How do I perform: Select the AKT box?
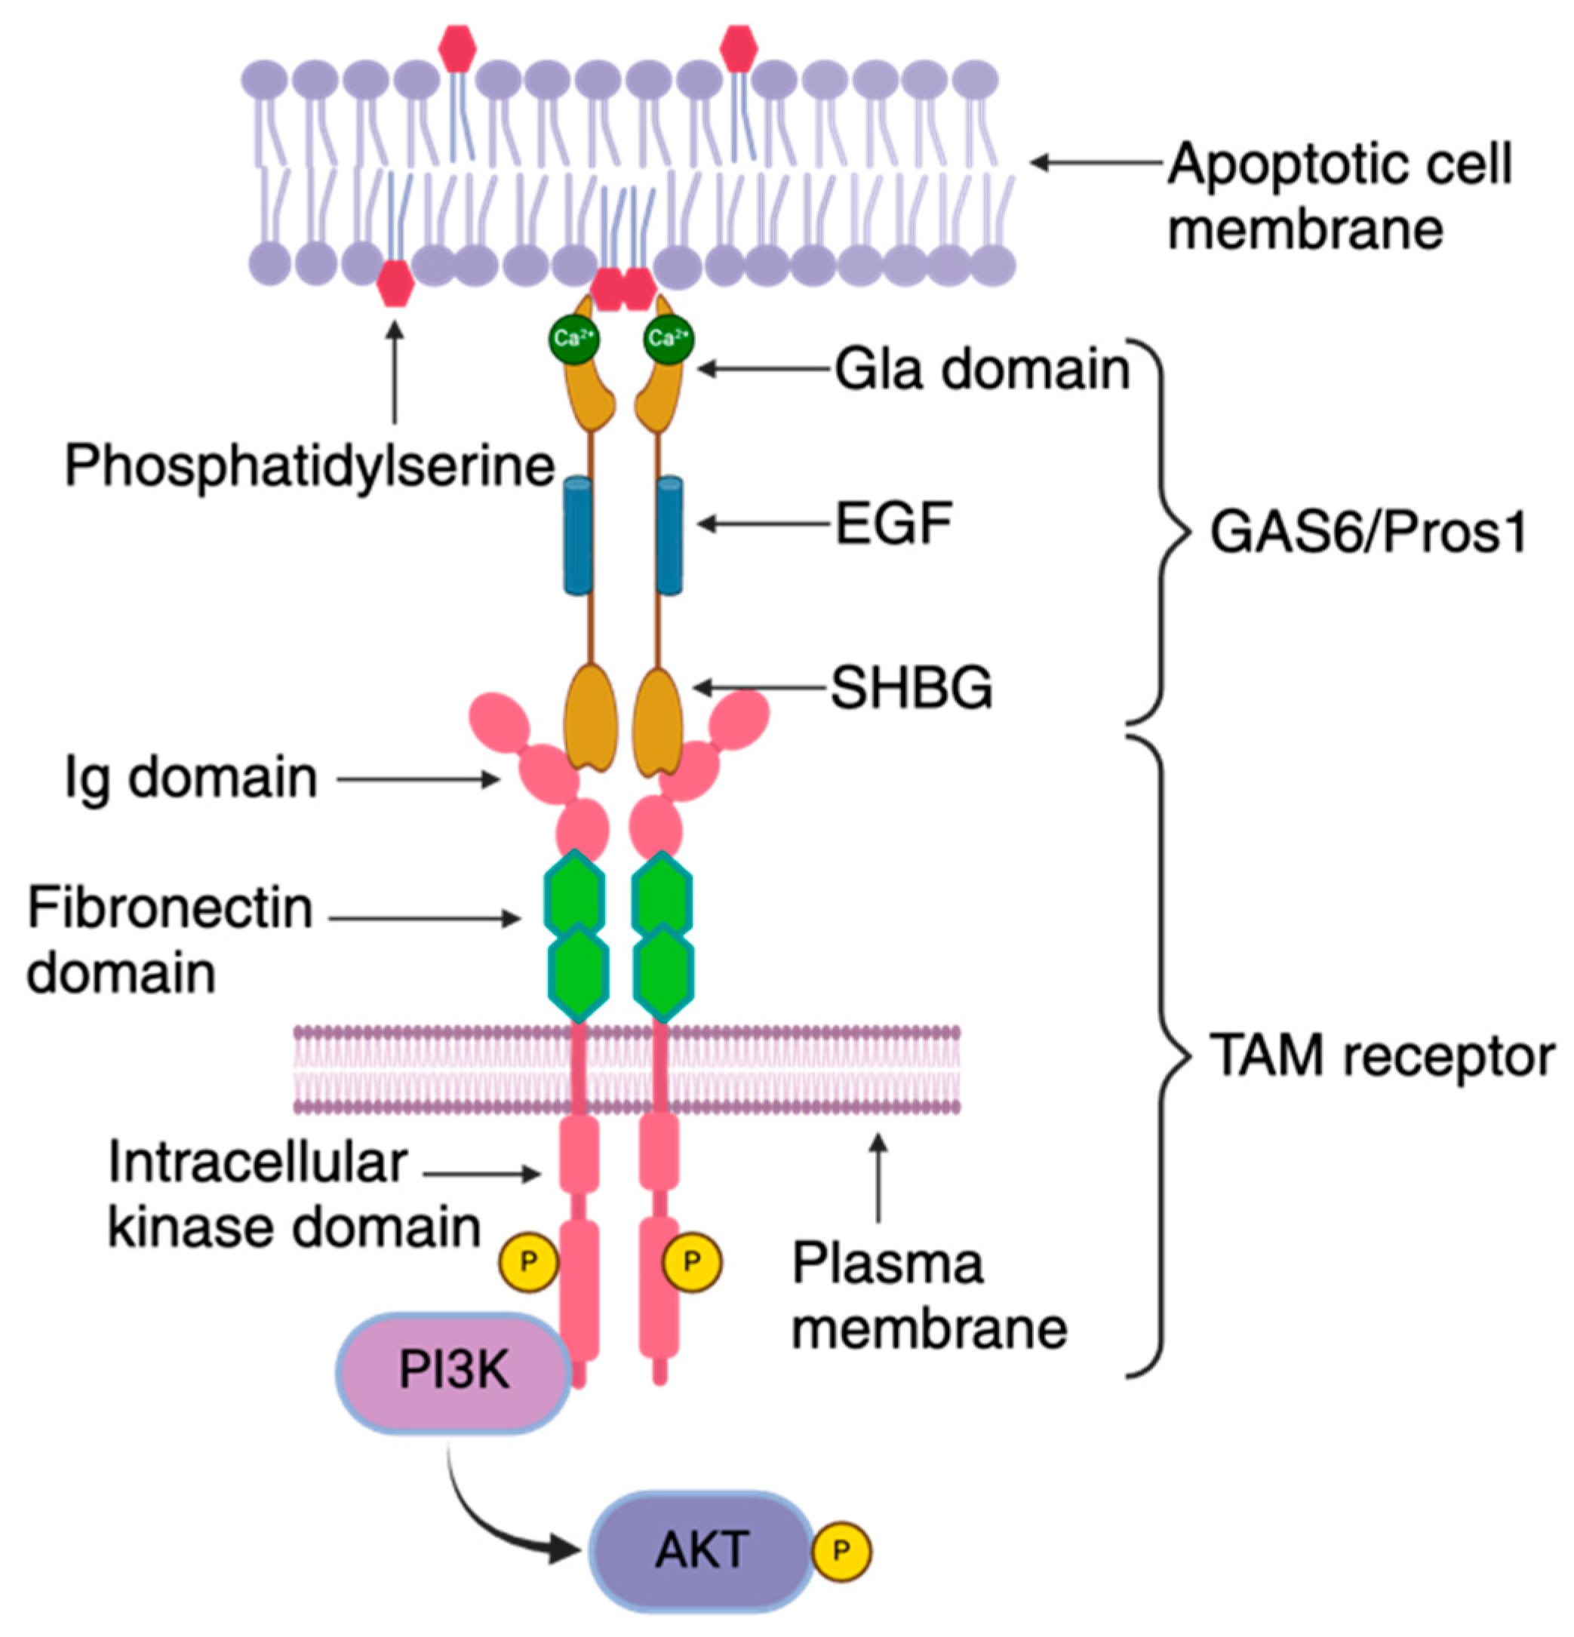pos(702,1551)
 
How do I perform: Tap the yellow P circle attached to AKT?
pos(841,1551)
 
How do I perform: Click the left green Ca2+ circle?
pos(574,338)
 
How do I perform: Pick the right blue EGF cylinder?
pos(669,535)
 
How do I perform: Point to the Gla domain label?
pos(982,369)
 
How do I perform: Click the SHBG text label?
pos(911,688)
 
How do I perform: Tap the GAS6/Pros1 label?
pos(1368,532)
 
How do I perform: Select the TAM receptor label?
pos(1382,1057)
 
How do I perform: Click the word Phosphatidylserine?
pos(309,465)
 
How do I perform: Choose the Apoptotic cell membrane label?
pos(1339,196)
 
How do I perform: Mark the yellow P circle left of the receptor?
pos(527,1261)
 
